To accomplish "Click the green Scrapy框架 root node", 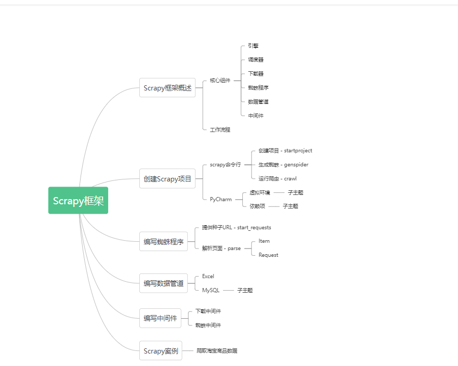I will pos(78,201).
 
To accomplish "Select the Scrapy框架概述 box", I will pos(167,88).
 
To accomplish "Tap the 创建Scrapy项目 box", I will pos(167,179).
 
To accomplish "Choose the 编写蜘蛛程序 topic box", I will pos(164,241).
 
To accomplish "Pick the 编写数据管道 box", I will pos(164,283).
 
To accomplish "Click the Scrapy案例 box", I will pos(161,351).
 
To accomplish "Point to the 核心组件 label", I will pos(220,81).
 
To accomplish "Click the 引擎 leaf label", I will pos(253,46).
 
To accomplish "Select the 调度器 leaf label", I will pos(256,60).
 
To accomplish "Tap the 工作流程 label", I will pos(220,129).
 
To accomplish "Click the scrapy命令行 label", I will pos(226,164).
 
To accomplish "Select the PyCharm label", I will pos(221,199).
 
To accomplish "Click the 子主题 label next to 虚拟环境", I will pos(295,192).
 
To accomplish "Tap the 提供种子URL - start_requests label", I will pos(237,227).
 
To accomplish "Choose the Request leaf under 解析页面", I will pos(268,255).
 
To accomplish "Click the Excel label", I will pos(208,276).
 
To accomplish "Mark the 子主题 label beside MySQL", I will pos(245,290).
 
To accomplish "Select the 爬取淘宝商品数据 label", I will pos(217,351).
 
